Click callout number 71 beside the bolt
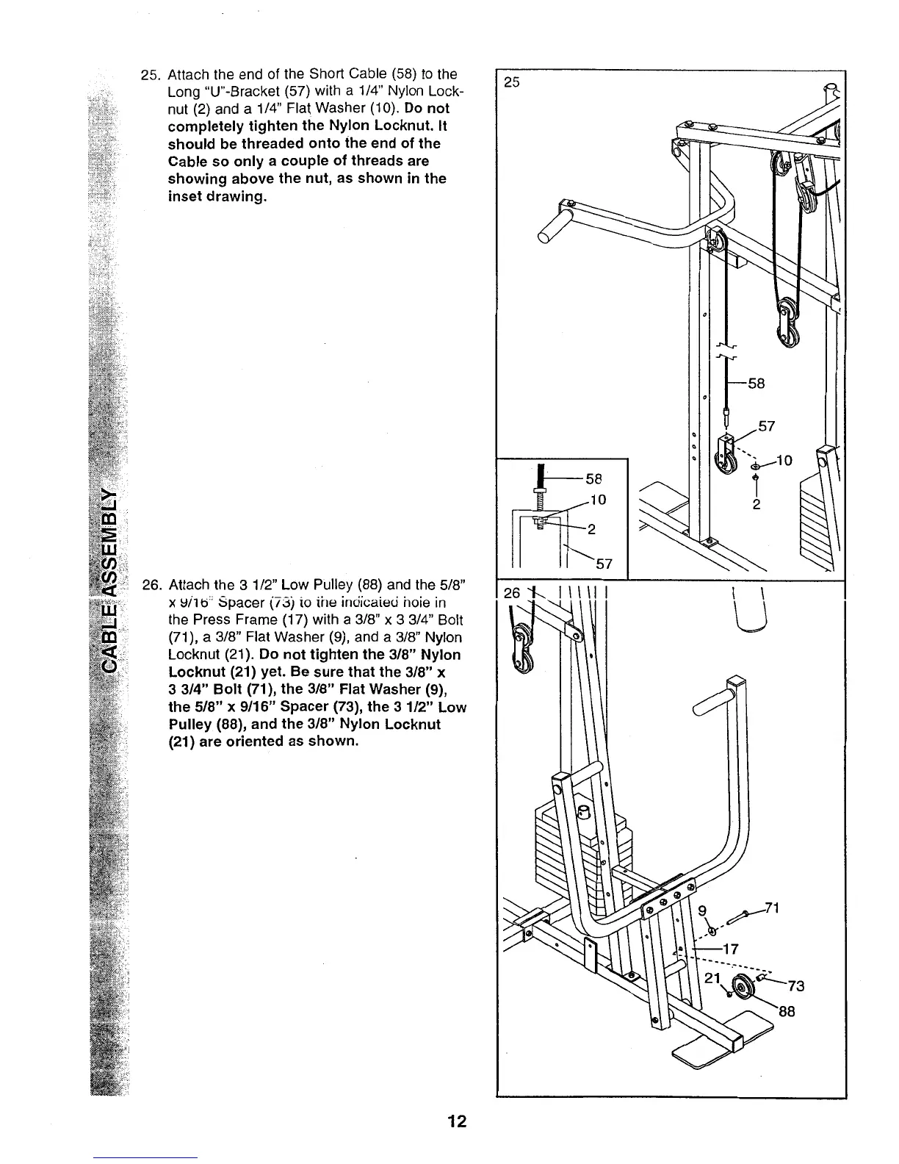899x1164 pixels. point(770,907)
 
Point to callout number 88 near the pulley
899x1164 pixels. point(787,1010)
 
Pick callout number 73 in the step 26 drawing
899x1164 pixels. point(796,986)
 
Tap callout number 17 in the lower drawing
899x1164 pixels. point(729,948)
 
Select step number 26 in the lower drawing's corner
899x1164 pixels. point(512,592)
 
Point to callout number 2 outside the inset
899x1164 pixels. point(757,506)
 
